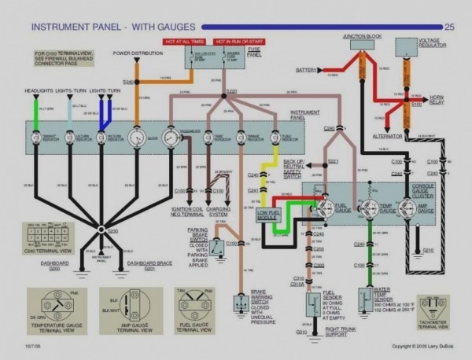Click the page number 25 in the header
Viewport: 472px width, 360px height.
450,27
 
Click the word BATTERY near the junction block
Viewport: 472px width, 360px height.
306,70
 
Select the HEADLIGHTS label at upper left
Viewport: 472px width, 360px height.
38,90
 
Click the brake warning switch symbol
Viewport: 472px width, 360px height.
238,303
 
